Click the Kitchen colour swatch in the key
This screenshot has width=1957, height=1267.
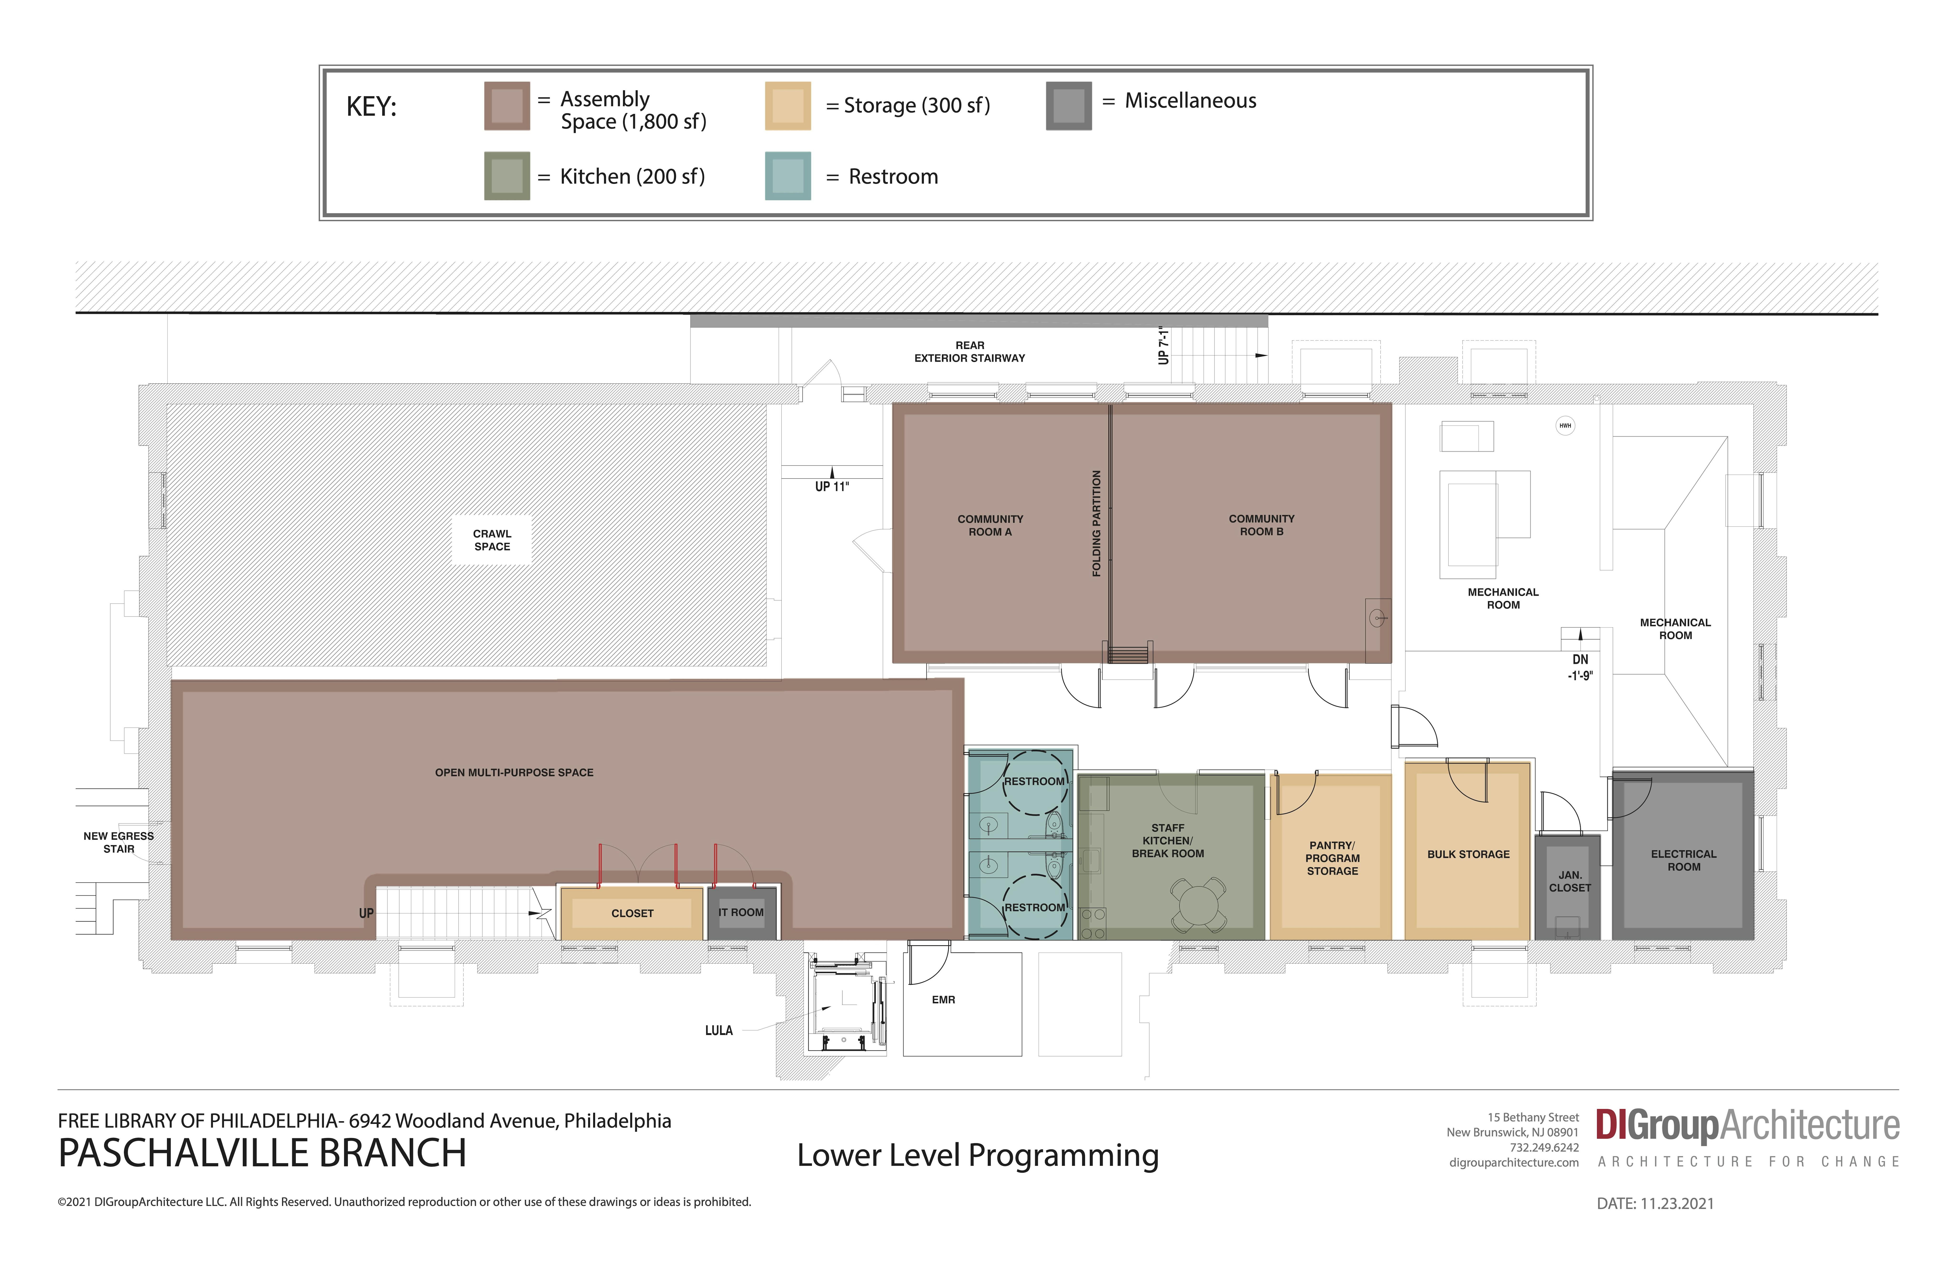(x=506, y=176)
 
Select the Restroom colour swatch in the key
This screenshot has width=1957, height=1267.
(x=788, y=176)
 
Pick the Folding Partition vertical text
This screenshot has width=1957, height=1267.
(x=1096, y=523)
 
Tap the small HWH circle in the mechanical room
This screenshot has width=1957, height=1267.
(x=1565, y=425)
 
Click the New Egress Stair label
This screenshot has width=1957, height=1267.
(x=118, y=843)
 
